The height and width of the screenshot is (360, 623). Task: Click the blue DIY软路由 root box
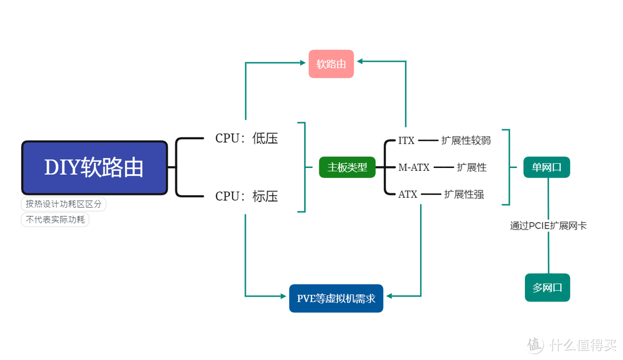pos(95,168)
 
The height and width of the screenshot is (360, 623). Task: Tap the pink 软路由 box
pos(331,63)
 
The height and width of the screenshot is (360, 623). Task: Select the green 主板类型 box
pos(347,167)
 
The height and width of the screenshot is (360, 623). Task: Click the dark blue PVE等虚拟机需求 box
pos(336,298)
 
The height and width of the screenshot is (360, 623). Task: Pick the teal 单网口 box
pos(547,167)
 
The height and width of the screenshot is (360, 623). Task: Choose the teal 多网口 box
pos(547,287)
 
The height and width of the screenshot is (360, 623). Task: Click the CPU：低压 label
pos(246,138)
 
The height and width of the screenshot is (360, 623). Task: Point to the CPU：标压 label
pos(246,196)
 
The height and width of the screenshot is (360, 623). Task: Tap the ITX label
pos(406,140)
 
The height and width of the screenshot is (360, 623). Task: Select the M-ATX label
pos(414,167)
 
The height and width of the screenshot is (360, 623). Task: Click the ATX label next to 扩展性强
pos(407,194)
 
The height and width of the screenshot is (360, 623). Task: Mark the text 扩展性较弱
pos(466,140)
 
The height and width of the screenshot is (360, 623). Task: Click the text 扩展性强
pos(464,194)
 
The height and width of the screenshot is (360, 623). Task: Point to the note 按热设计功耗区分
pos(63,204)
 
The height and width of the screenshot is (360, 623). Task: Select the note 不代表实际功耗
pos(55,220)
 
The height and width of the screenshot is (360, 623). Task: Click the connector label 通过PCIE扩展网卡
pos(548,226)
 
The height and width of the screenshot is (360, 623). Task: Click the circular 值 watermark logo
pos(535,345)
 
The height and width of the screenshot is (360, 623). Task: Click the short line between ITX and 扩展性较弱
pos(428,140)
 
